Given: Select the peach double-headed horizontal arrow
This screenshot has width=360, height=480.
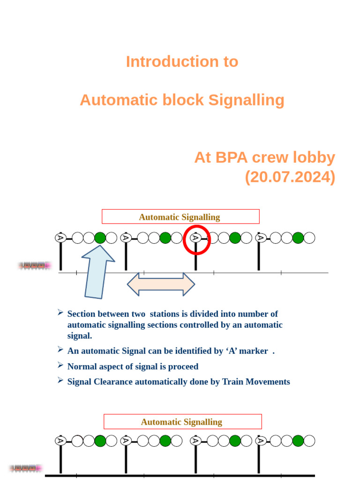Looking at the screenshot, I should (x=161, y=284).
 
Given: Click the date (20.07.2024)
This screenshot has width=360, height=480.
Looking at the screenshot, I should (x=290, y=177).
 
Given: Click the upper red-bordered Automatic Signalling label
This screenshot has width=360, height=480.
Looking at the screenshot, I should (x=180, y=217).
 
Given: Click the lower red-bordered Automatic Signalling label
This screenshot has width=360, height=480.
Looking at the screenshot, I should (x=182, y=421).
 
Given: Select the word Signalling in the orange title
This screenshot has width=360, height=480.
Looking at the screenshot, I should (x=246, y=100).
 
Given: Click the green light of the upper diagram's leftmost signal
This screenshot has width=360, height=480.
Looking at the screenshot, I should (x=100, y=238).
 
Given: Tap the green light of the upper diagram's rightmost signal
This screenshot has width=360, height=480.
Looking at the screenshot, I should (x=298, y=238).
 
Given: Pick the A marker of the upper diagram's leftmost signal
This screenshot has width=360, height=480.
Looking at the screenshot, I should (x=60, y=238).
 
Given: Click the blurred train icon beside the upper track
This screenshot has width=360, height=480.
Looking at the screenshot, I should (x=34, y=266).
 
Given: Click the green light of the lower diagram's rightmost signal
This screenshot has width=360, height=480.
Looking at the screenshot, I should (x=298, y=441).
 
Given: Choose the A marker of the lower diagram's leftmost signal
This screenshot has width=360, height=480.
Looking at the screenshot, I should (x=60, y=441).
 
